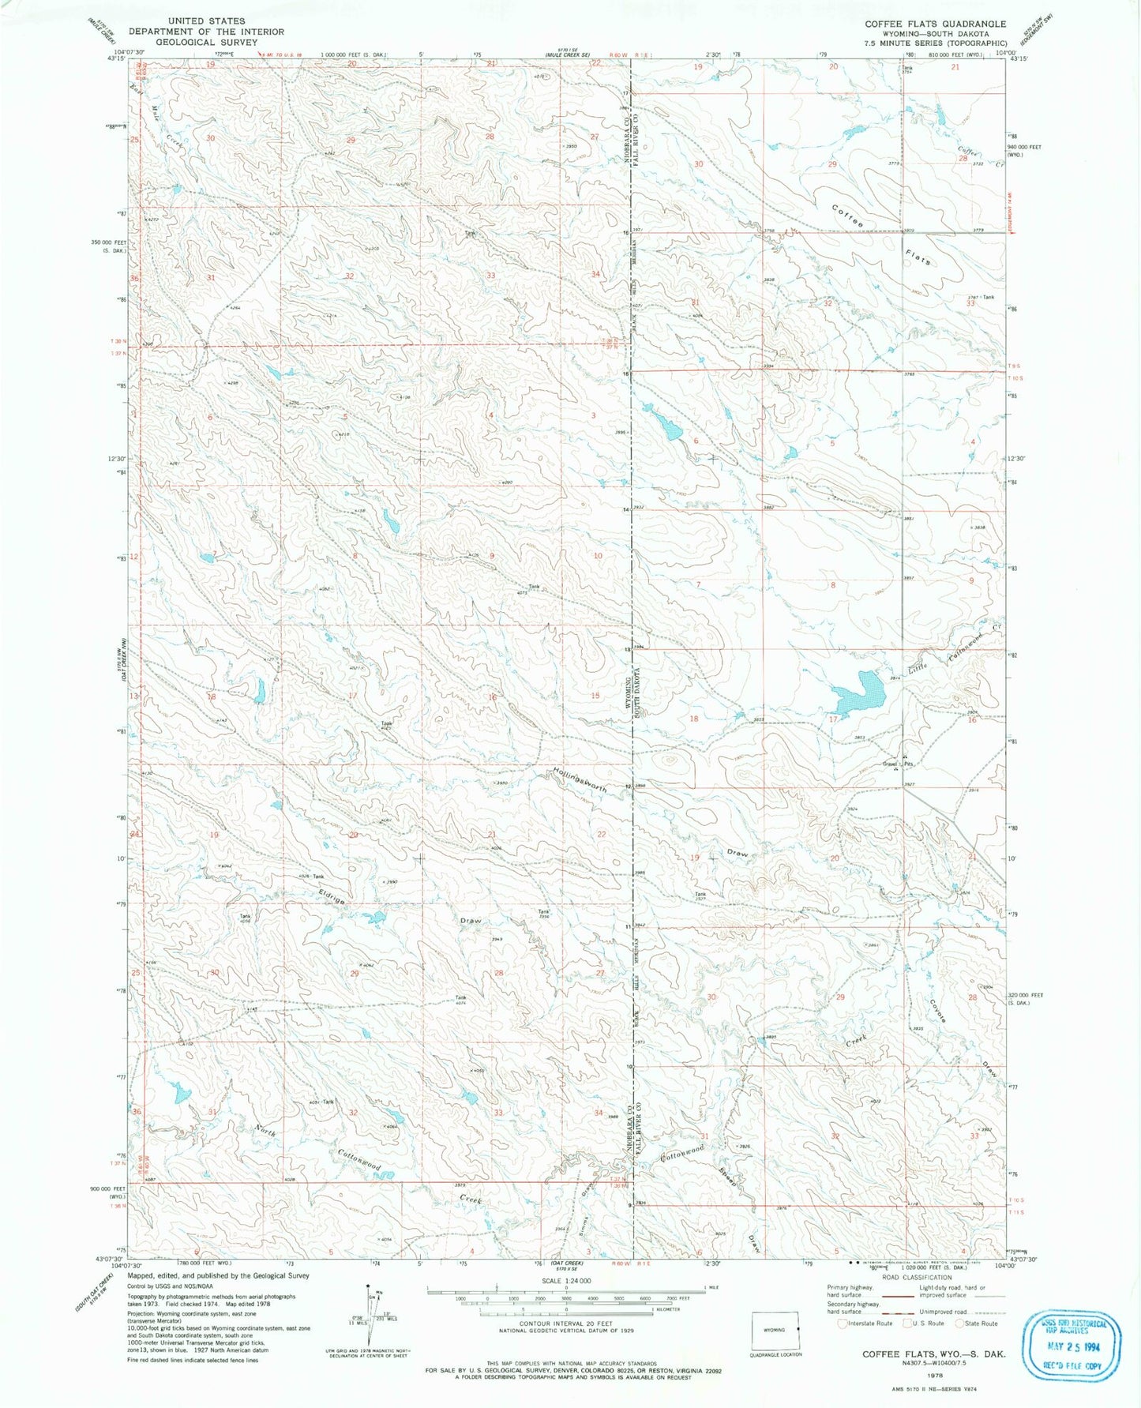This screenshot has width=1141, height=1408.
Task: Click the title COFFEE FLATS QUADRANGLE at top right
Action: click(935, 24)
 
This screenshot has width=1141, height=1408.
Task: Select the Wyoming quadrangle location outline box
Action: click(775, 1330)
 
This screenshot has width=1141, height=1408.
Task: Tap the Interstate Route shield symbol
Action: click(843, 1323)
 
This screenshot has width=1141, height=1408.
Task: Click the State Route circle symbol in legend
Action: click(960, 1323)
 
